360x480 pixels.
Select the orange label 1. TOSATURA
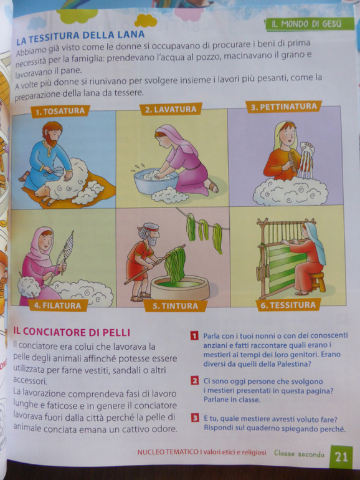click(x=60, y=111)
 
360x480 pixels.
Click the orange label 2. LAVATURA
click(x=171, y=109)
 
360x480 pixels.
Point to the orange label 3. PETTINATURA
click(x=284, y=107)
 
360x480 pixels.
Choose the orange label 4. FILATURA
click(x=58, y=305)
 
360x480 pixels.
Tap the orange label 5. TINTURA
click(x=176, y=306)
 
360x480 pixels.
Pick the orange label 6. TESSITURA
click(x=288, y=305)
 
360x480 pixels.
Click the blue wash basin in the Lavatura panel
click(x=156, y=181)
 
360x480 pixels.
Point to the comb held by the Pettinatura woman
click(x=292, y=161)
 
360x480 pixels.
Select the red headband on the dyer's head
click(x=152, y=229)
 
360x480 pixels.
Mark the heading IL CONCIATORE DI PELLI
click(x=72, y=332)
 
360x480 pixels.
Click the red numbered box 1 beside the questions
click(x=194, y=336)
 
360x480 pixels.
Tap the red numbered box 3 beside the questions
click(x=195, y=418)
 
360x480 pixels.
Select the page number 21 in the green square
click(x=341, y=457)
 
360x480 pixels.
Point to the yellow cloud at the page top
click(x=146, y=21)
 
